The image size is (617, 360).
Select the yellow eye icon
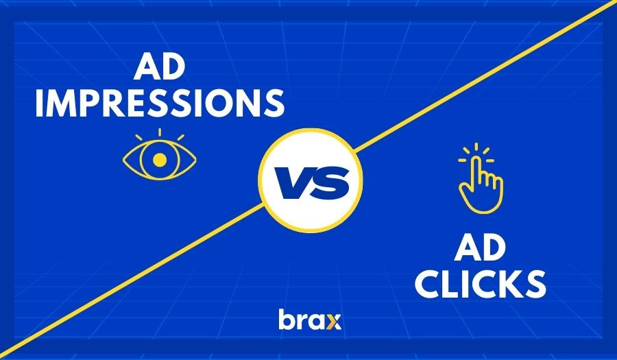(159, 157)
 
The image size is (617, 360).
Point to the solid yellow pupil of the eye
(159, 160)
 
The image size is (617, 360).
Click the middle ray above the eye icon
(159, 132)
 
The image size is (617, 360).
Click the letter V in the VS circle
(292, 182)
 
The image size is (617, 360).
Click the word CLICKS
(480, 285)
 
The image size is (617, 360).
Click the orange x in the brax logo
(333, 320)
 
